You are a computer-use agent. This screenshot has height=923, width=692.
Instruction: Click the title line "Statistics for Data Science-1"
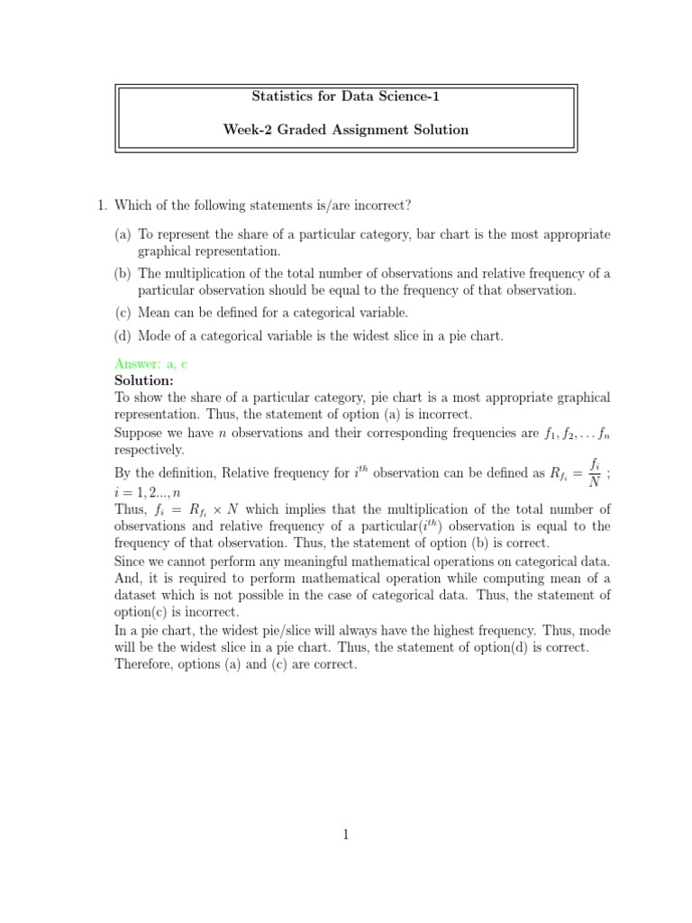346,96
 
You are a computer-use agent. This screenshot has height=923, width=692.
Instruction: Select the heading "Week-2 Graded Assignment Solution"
346,130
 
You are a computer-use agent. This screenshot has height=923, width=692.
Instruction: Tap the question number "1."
102,206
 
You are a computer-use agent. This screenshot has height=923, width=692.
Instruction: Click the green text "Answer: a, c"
150,363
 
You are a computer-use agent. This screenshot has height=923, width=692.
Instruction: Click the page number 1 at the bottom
345,835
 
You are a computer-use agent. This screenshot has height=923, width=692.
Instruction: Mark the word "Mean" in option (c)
154,313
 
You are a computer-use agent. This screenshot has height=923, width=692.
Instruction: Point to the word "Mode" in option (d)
155,336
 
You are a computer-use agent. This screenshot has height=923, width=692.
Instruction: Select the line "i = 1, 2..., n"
148,492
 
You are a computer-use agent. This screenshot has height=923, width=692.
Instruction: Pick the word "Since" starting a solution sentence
131,561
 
